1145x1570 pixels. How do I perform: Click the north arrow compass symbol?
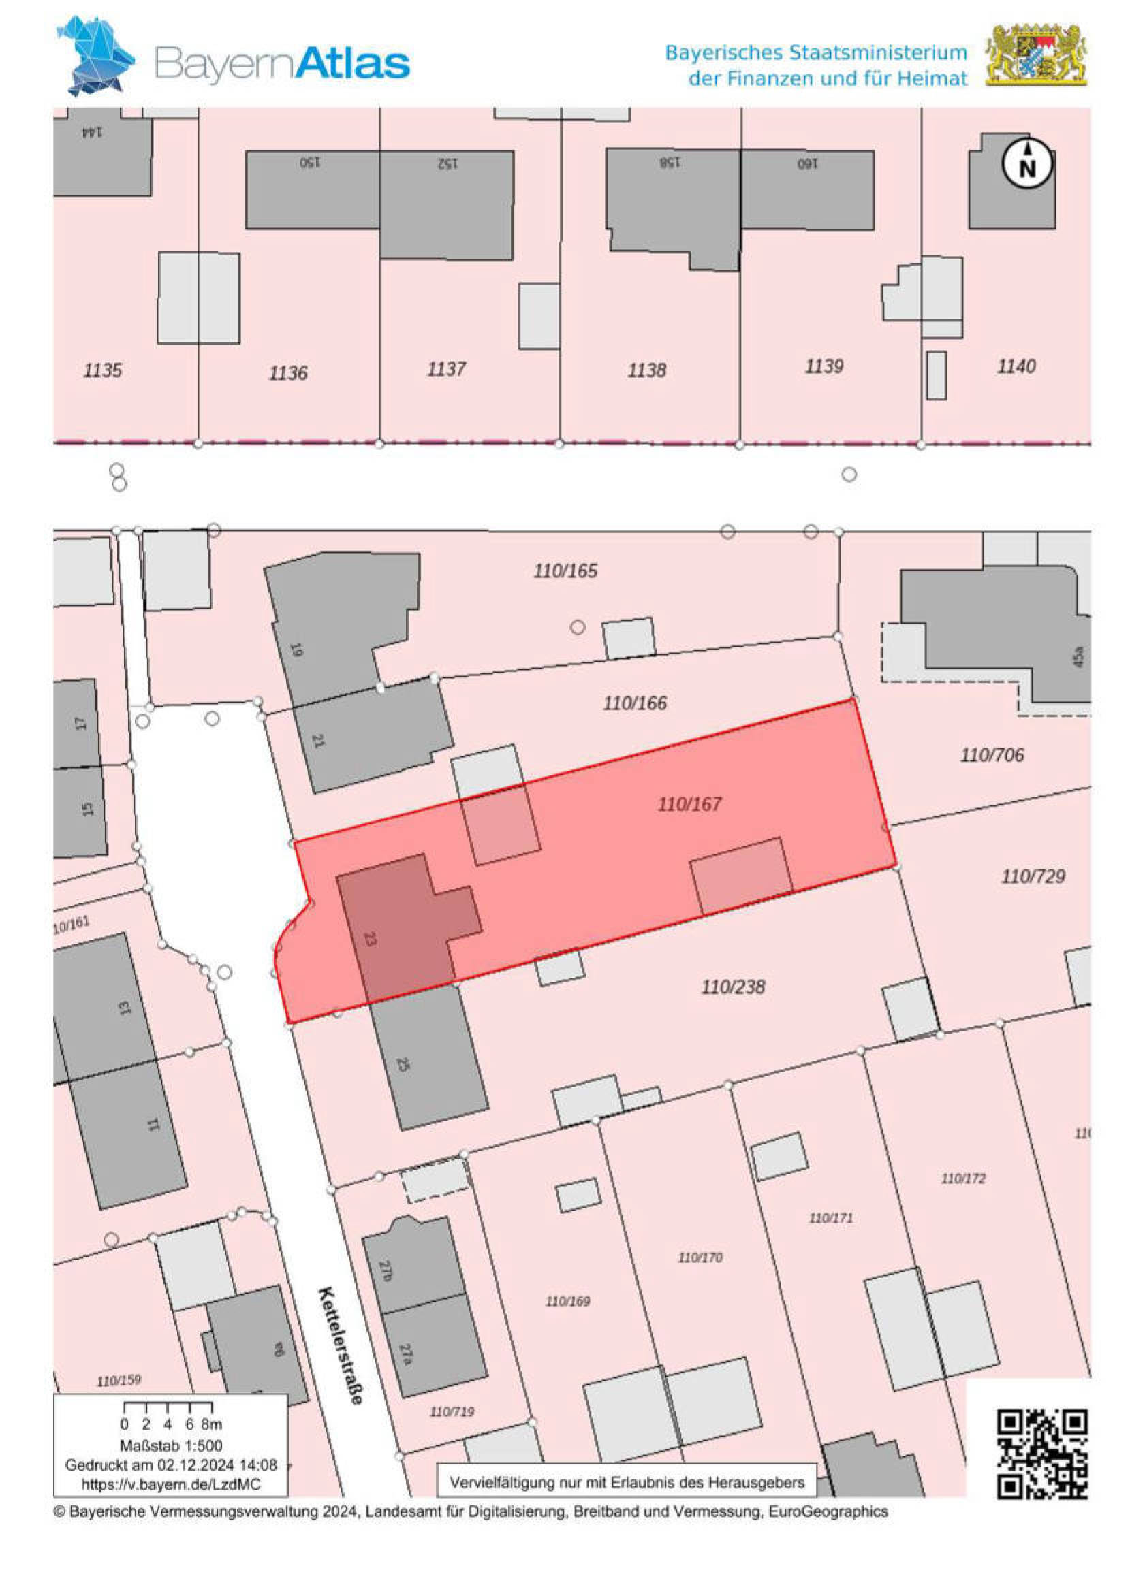(x=1028, y=163)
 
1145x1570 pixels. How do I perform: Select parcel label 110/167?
(x=689, y=804)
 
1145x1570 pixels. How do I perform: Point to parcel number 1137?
(x=446, y=368)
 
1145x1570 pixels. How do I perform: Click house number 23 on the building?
(x=370, y=940)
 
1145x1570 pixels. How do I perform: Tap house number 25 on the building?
(x=403, y=1063)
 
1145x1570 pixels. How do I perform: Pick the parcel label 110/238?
(x=734, y=987)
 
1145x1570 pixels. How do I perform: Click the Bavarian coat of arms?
(x=1036, y=55)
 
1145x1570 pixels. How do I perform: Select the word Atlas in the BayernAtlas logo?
(x=354, y=64)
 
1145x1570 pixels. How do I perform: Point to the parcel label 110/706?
(x=992, y=755)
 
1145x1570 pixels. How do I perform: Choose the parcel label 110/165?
(x=565, y=571)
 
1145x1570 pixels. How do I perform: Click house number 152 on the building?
(x=447, y=163)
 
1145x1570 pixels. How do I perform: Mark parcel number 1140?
(x=1016, y=366)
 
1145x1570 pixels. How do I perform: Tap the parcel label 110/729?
(x=1033, y=877)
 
